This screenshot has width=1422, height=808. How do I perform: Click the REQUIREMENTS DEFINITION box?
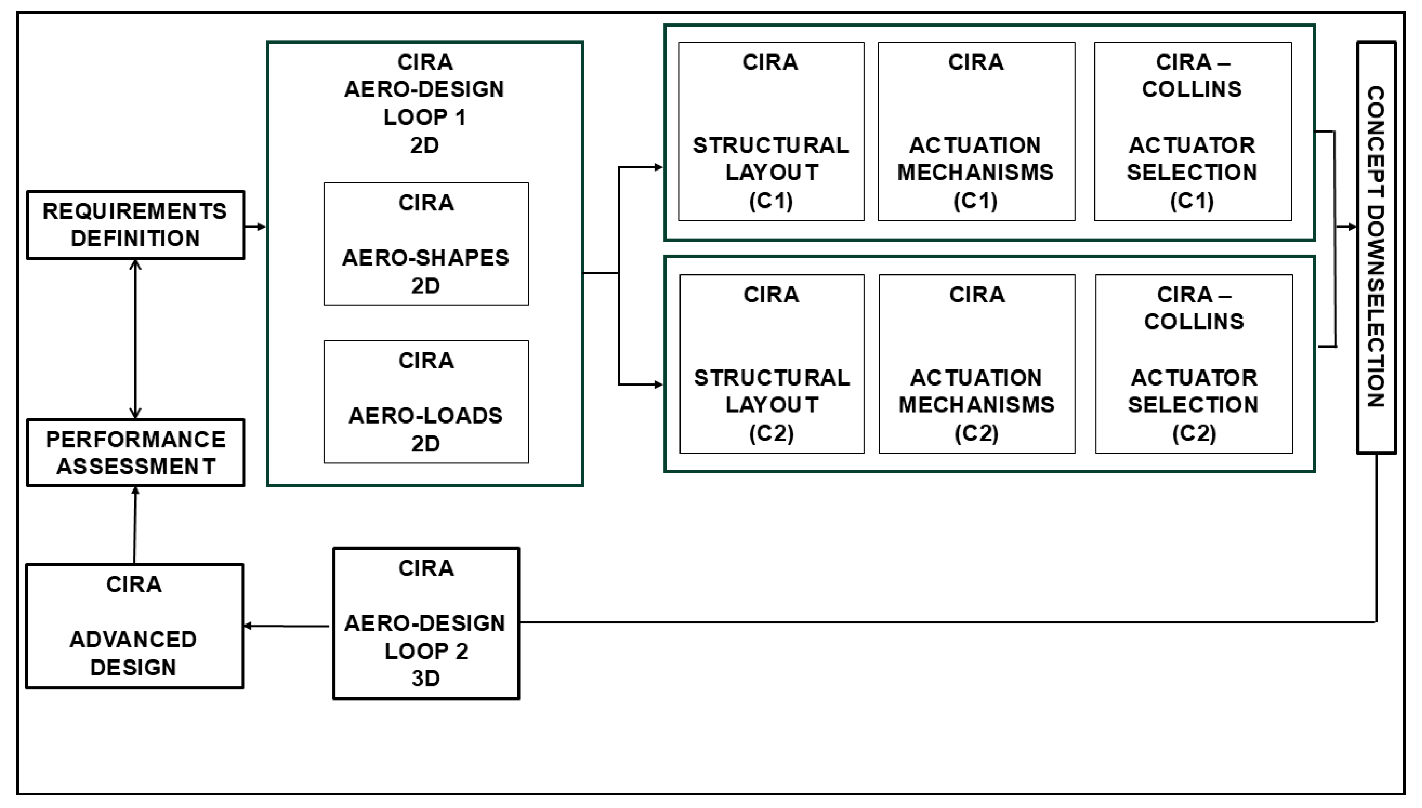(135, 225)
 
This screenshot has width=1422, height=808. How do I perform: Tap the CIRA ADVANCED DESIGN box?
(134, 626)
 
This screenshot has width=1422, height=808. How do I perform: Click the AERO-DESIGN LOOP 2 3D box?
(426, 623)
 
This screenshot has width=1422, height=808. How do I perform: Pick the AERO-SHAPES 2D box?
(426, 244)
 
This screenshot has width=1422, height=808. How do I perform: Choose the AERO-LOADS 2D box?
(426, 401)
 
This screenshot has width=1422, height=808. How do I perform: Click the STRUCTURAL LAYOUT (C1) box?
(771, 132)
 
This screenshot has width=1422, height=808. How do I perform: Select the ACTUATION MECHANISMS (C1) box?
(976, 132)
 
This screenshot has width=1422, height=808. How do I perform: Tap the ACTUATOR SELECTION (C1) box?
(1192, 132)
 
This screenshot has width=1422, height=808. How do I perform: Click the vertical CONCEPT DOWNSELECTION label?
(1375, 247)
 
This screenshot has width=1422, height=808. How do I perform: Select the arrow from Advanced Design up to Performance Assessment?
(135, 525)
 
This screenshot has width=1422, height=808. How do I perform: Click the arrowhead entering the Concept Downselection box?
(1352, 226)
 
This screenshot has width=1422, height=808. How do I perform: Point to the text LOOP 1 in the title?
(425, 117)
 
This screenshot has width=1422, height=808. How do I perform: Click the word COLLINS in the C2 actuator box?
(1194, 321)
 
